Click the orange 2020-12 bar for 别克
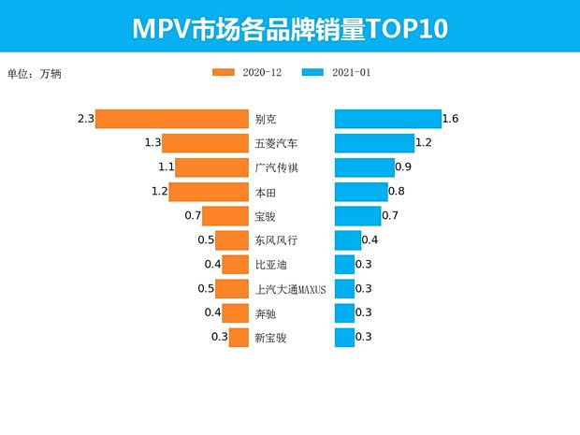click(171, 119)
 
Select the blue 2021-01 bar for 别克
click(388, 119)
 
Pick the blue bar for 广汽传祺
click(365, 167)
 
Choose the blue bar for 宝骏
click(358, 216)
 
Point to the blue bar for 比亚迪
click(345, 265)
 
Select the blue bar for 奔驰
click(345, 313)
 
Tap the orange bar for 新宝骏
click(239, 337)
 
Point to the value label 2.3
click(86, 119)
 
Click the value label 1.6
click(450, 119)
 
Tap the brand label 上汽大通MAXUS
click(290, 289)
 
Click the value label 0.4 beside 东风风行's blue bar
click(370, 240)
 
